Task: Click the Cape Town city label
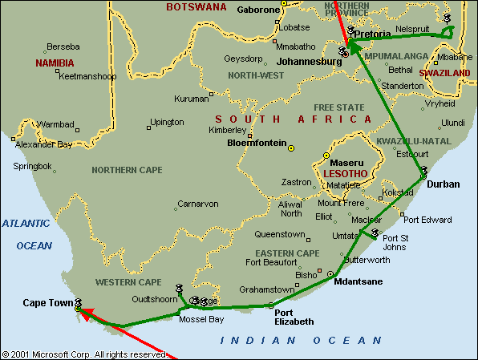coord(46,302)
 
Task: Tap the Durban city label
coord(444,184)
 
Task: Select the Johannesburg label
coord(310,61)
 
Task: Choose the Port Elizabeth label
coord(292,318)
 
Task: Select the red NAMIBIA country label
coord(55,63)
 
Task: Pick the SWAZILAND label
coord(444,73)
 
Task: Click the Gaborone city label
coord(258,10)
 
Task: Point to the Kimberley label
coord(228,130)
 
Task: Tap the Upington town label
coord(167,122)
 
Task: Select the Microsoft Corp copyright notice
coord(84,354)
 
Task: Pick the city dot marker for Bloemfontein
coord(291,148)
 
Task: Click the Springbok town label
coord(32,166)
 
